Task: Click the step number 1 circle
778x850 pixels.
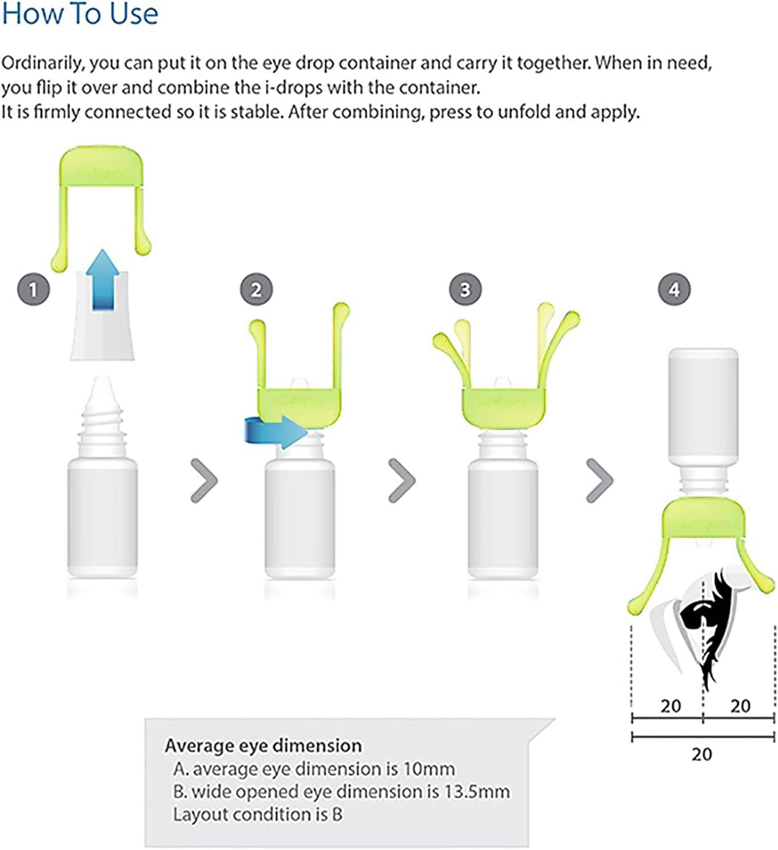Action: (x=33, y=290)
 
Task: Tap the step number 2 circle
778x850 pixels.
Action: (x=256, y=290)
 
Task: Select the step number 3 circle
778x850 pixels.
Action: (x=465, y=290)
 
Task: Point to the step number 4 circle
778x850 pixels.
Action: (x=674, y=290)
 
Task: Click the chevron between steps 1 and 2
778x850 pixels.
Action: (x=204, y=481)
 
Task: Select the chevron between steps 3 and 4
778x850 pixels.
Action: (x=600, y=481)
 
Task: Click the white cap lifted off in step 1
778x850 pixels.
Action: (x=103, y=334)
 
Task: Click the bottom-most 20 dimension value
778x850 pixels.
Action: (x=702, y=754)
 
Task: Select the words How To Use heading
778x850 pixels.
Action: (x=80, y=14)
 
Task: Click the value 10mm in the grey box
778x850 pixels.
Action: (x=428, y=769)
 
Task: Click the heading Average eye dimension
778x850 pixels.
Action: (x=263, y=746)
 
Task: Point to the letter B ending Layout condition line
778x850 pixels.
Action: (x=337, y=814)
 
